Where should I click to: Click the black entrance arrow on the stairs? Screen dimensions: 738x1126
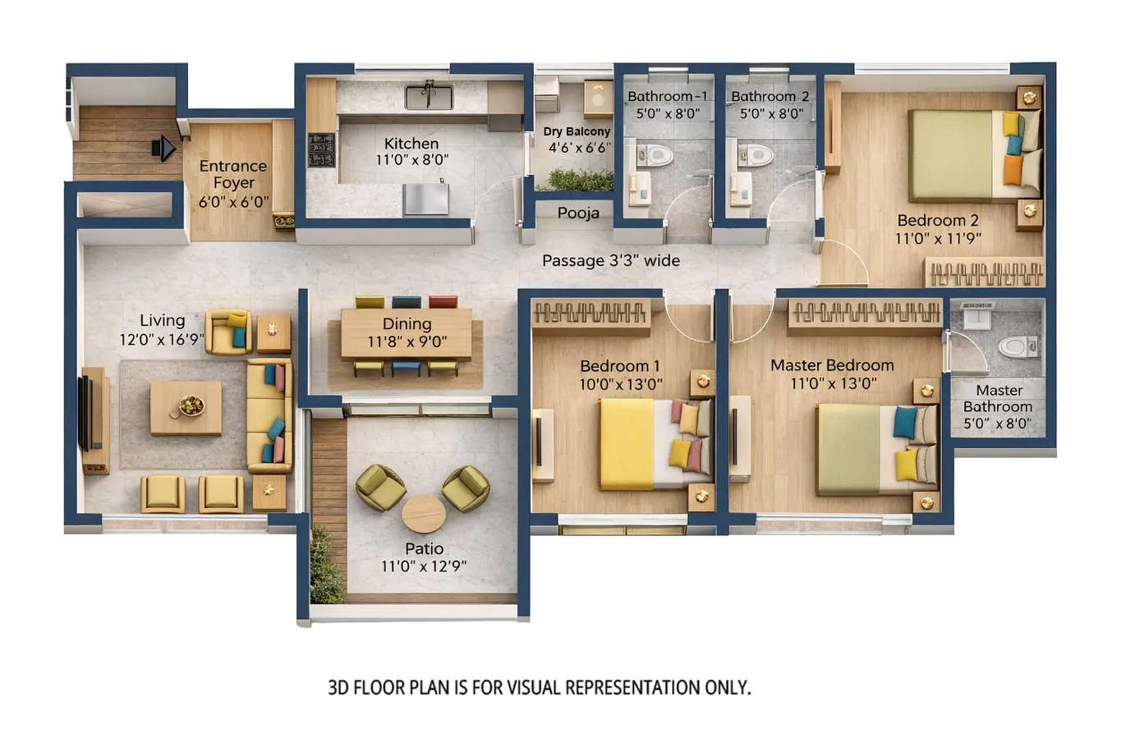tap(164, 149)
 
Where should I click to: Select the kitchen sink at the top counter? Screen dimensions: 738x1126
tap(428, 97)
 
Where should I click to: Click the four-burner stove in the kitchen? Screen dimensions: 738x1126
tap(320, 150)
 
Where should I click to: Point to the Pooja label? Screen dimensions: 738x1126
tap(578, 213)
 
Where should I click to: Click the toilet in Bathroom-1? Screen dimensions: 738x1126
tap(655, 154)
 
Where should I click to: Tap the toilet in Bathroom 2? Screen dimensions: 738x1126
tap(756, 154)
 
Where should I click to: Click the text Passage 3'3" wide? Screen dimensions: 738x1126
tap(611, 261)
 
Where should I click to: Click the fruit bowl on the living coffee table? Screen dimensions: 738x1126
tap(191, 405)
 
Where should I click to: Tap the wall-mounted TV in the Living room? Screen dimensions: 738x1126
tap(85, 413)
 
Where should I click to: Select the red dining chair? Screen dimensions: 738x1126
tap(443, 301)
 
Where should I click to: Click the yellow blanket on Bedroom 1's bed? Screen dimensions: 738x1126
tap(627, 443)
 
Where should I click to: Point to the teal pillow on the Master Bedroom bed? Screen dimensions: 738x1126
tap(905, 422)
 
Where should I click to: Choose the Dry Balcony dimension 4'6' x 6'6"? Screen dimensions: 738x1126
tap(580, 149)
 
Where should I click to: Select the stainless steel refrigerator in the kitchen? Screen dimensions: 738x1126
tap(425, 199)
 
